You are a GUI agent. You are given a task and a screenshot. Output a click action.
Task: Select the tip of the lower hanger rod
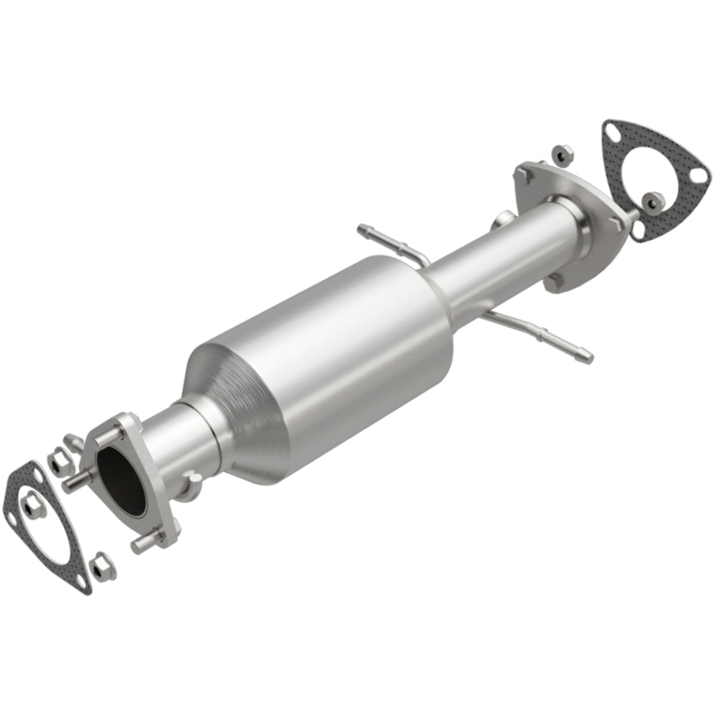coord(588,353)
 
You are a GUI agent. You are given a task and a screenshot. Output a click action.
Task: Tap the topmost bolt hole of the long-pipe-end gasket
coord(611,131)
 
